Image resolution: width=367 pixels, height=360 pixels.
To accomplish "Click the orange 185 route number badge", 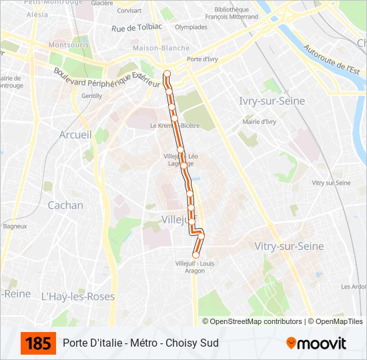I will coord(38,343).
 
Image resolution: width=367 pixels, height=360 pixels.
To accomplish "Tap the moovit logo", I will coord(316,343).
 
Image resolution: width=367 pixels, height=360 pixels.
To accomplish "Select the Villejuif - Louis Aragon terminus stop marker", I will coord(196,255).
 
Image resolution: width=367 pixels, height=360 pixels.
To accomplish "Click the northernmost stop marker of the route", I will coord(167,73).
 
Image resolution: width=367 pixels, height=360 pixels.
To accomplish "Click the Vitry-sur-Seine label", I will coord(289,246).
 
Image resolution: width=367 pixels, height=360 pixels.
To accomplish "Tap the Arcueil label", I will coord(75,135).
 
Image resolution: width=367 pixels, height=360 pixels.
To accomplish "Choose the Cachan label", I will coord(65,205).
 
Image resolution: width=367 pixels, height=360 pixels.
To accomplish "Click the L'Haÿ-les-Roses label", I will coord(78,296).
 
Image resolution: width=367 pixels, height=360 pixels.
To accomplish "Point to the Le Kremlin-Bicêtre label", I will coord(175,125).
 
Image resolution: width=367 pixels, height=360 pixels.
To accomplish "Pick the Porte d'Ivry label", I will coord(202,59).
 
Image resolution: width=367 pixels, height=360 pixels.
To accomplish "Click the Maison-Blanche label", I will coord(151,49).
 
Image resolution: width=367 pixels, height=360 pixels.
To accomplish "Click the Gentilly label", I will coord(91,96).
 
